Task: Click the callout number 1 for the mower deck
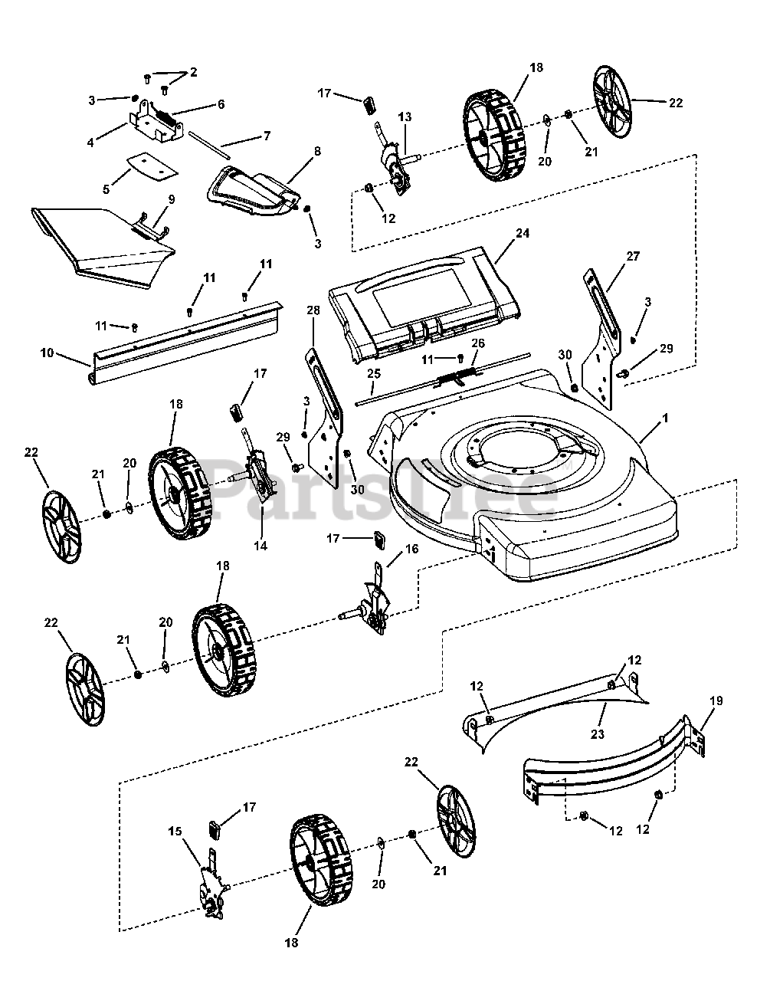[665, 419]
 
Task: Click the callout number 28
[313, 309]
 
